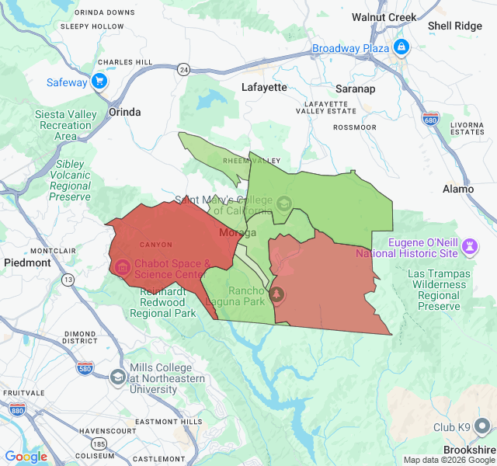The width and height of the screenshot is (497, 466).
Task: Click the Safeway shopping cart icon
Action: (x=99, y=81)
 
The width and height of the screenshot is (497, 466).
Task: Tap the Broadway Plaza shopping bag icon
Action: (x=401, y=48)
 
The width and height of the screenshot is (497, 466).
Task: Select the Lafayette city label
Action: (x=264, y=87)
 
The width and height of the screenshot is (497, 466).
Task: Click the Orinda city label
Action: (x=125, y=112)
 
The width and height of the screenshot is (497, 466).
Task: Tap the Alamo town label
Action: (x=457, y=189)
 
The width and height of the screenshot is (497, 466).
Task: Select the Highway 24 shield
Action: (x=183, y=69)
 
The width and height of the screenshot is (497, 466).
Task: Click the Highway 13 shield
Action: (x=69, y=279)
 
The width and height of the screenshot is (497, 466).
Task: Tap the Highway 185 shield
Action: (x=99, y=443)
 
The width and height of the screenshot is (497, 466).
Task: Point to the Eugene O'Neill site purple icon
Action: (x=469, y=246)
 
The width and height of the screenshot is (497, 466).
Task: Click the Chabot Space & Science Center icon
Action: (x=123, y=268)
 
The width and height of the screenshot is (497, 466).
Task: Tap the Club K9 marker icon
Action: (x=482, y=426)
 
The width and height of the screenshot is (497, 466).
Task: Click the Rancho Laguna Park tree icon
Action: (x=277, y=294)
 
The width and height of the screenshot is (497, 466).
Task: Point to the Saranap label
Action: (x=356, y=89)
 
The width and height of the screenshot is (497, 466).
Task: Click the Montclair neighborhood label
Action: (x=53, y=251)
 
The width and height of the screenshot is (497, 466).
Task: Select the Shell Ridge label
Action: (x=455, y=26)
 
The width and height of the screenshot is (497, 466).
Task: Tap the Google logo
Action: (x=26, y=457)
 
